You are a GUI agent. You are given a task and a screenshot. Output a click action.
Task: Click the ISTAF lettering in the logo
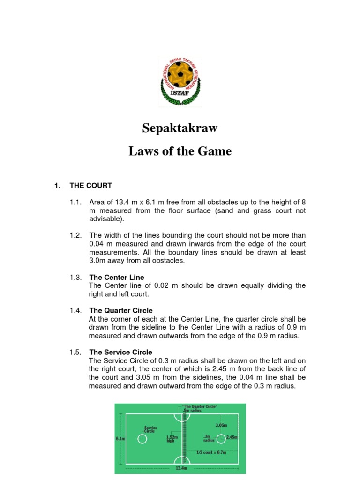pos(180,92)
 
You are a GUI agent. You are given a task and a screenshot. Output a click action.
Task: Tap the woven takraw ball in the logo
pos(180,75)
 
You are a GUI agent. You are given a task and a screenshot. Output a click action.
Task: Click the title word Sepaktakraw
pos(180,128)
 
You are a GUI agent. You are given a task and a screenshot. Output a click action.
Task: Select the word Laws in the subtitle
pos(142,151)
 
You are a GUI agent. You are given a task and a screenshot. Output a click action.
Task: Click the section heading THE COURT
pos(90,185)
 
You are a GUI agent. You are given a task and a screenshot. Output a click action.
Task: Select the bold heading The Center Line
pos(117,277)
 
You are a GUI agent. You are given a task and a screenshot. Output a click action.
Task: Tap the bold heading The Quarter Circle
pos(120,310)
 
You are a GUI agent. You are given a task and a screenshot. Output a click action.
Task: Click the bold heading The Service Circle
pos(120,352)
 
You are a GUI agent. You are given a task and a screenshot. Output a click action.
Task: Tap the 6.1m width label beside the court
pos(120,439)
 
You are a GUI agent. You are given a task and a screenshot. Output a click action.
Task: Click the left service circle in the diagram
pos(142,439)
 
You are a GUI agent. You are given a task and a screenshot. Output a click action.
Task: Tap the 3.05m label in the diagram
pos(222,426)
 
